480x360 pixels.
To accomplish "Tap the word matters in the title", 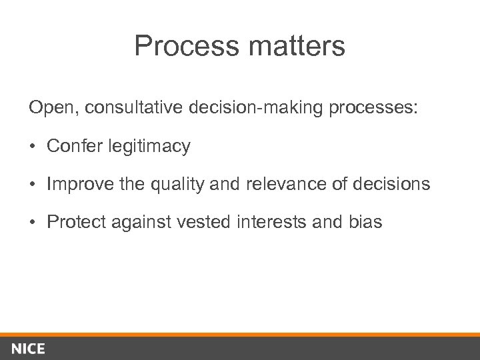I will (291, 47).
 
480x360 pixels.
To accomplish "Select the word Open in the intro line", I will (47, 108).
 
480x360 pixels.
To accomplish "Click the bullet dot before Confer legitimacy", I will (33, 146).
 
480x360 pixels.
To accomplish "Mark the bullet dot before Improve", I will (33, 184).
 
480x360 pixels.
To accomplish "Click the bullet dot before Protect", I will (33, 222).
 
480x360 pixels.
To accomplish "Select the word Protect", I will (73, 222).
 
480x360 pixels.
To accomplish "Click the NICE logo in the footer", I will (28, 349).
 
